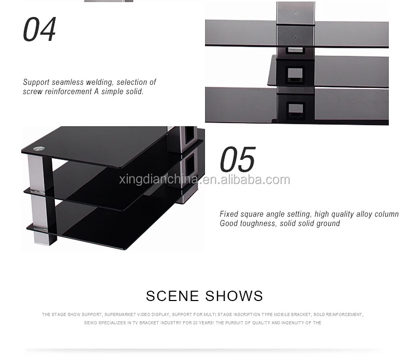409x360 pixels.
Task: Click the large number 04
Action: pos(39,29)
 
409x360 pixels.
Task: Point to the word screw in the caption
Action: pos(33,92)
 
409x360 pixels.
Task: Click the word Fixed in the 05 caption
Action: pos(229,214)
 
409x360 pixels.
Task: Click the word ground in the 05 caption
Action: pos(328,223)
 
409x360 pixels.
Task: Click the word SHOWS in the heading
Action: pos(234,296)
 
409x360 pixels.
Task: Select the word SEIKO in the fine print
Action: pos(91,323)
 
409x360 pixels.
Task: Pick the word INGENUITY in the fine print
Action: pos(293,323)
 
